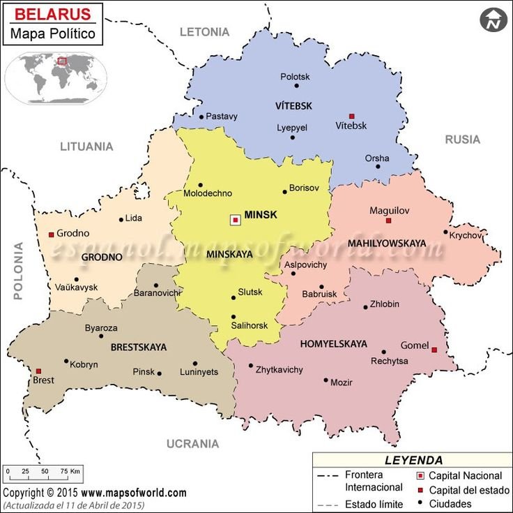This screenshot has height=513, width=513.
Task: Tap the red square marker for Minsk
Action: [236, 220]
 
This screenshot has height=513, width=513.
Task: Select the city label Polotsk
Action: [295, 77]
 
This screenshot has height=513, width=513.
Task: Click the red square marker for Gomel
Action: [434, 350]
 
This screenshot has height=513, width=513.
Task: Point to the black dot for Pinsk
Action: [160, 373]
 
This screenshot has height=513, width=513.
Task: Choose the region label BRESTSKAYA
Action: [139, 346]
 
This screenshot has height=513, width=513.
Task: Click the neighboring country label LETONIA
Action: [204, 31]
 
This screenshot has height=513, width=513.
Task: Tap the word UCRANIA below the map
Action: [192, 443]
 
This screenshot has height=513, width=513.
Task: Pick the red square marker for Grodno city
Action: [51, 235]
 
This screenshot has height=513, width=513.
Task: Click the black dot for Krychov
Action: [445, 232]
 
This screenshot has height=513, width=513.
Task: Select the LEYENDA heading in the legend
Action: [413, 460]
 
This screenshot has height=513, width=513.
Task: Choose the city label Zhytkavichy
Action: [280, 369]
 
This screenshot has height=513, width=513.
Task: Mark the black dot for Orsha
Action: [378, 166]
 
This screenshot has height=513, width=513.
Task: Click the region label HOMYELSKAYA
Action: [333, 344]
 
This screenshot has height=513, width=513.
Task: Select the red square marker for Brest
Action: [39, 371]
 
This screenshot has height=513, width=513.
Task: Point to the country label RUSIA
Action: [462, 140]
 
